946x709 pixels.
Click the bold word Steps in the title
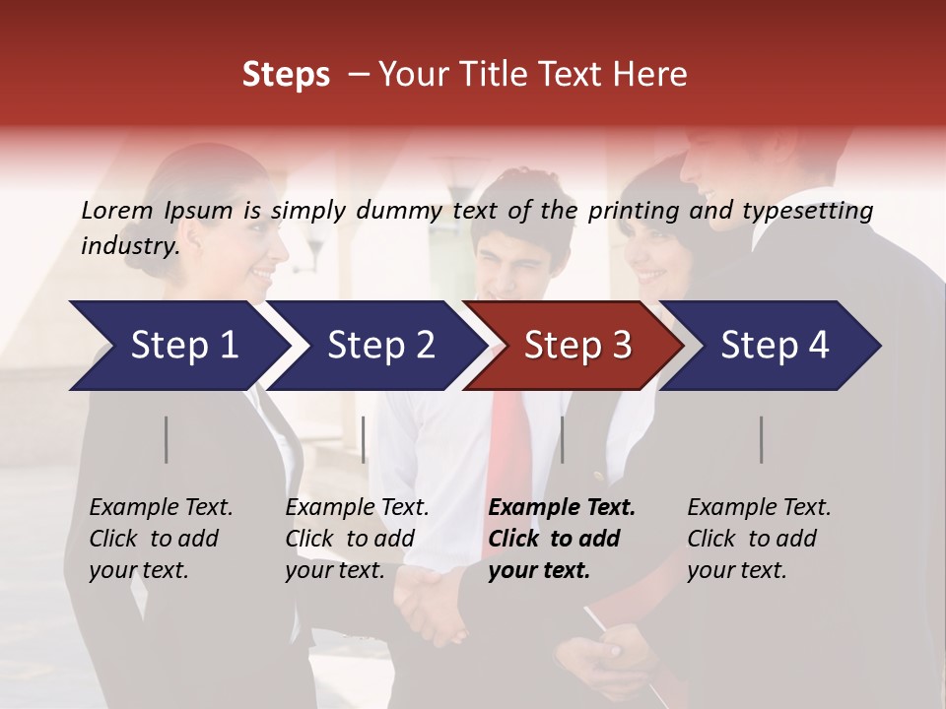(286, 75)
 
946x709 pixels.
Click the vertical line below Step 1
(167, 439)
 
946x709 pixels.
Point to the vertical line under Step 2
(364, 439)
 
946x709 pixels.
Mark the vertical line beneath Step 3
(563, 439)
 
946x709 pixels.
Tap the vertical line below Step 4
(762, 439)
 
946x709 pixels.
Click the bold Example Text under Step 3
(562, 508)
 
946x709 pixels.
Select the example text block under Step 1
(161, 539)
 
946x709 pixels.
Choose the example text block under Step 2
(357, 539)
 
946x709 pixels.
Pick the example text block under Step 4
(759, 539)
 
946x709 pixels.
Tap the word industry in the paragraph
(129, 246)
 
